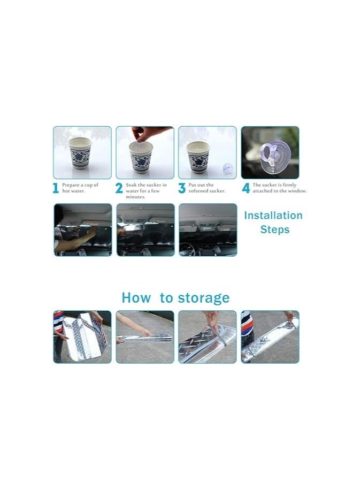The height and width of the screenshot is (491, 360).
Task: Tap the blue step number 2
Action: point(119,188)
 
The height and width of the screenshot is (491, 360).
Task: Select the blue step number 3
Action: point(181,188)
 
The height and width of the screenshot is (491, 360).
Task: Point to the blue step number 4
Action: point(246,188)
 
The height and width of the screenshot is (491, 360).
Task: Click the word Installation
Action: point(273,216)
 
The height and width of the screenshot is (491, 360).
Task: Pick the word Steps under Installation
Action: point(274,229)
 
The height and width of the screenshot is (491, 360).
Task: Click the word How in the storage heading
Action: point(136,298)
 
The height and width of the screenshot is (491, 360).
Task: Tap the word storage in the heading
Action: point(202,298)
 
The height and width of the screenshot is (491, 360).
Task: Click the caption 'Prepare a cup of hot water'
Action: point(80,188)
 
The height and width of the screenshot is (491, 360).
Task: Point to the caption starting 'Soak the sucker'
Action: point(145,190)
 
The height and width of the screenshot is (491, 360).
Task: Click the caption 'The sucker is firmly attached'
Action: point(279,188)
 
